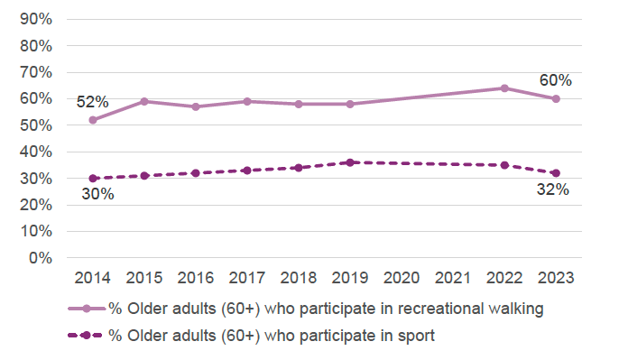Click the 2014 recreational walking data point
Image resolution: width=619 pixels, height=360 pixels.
point(93,120)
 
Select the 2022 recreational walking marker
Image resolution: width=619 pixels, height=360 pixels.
point(504,88)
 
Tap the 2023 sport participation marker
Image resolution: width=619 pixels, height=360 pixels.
point(556,173)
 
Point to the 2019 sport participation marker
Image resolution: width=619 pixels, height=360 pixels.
point(350,162)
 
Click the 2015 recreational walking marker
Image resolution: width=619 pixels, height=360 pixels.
point(144,101)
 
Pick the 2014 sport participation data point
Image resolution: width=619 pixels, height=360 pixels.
point(93,179)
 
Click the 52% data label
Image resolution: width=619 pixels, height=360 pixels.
point(93,101)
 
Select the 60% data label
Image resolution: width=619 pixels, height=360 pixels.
point(556,80)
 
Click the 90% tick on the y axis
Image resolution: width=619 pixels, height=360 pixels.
point(35,19)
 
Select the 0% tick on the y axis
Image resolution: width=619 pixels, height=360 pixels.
point(39,258)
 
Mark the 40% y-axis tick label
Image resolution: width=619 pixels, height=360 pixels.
point(35,152)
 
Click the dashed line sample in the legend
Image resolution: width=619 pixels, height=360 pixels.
point(86,337)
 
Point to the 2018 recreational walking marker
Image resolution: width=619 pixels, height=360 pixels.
point(299,104)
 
